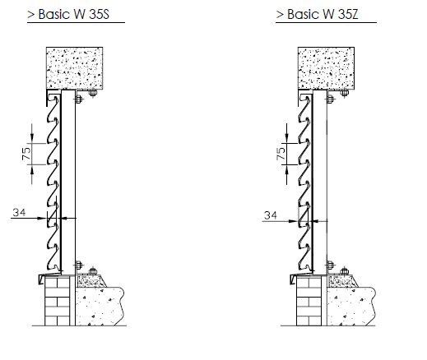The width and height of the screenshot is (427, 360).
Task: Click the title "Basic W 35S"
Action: [74, 14]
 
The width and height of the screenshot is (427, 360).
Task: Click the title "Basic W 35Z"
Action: [323, 14]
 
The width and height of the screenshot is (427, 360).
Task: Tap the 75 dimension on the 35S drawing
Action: [26, 154]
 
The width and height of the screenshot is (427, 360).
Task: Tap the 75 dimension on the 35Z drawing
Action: [281, 154]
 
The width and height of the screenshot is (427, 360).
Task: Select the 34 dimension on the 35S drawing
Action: [19, 212]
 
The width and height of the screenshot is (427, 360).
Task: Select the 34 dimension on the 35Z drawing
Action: [271, 215]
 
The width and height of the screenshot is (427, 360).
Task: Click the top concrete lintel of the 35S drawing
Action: [75, 68]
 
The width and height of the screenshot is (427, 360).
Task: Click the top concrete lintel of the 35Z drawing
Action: [326, 68]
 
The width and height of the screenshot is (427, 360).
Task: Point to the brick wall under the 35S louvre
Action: [58, 301]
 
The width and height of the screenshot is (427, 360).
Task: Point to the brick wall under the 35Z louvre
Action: [309, 301]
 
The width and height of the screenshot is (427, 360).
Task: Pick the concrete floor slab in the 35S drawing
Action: [100, 307]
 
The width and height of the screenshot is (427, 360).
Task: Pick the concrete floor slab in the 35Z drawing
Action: [351, 307]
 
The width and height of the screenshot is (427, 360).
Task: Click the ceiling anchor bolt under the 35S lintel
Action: [93, 94]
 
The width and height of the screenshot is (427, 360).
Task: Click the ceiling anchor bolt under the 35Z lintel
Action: [345, 94]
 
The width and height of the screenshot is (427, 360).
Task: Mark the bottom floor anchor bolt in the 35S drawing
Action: [93, 271]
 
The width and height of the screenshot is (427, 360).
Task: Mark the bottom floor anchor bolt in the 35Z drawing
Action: [345, 271]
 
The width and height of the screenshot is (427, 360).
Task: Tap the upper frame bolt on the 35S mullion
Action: [78, 99]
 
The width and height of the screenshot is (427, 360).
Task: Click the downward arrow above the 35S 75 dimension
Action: [32, 133]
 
